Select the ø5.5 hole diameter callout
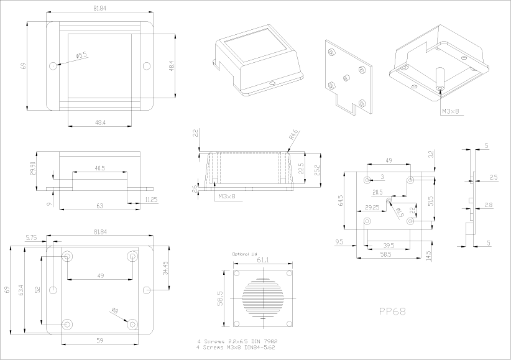(x=81, y=56)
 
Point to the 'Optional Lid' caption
(x=244, y=254)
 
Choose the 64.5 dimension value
(x=341, y=203)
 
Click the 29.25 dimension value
(x=372, y=207)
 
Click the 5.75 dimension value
(x=31, y=238)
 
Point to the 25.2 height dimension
(x=316, y=170)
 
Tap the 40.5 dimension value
(x=100, y=168)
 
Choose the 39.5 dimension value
(x=389, y=245)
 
